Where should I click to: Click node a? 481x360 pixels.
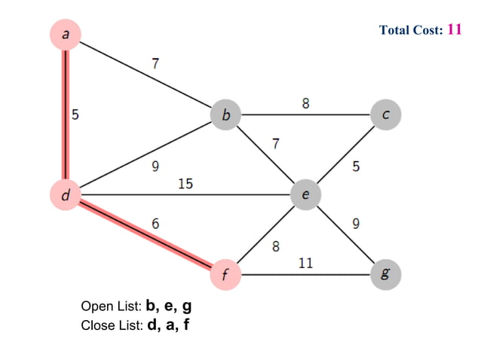pyautogui.click(x=66, y=33)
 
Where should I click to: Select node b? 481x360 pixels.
pyautogui.click(x=225, y=115)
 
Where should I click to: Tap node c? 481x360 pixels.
pyautogui.click(x=386, y=115)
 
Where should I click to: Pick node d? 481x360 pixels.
pyautogui.click(x=66, y=195)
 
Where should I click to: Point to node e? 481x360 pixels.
pyautogui.click(x=305, y=195)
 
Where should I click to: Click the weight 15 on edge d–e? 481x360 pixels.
pyautogui.click(x=185, y=183)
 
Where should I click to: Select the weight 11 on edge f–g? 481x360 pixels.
pyautogui.click(x=306, y=263)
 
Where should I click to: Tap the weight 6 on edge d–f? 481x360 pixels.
pyautogui.click(x=155, y=224)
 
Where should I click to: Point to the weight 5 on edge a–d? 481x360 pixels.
pyautogui.click(x=75, y=115)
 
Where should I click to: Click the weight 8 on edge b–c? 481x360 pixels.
pyautogui.click(x=305, y=103)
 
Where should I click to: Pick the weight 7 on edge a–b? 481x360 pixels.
pyautogui.click(x=155, y=63)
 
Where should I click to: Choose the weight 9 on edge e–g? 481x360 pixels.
pyautogui.click(x=356, y=223)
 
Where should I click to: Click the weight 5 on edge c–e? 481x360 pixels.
pyautogui.click(x=356, y=166)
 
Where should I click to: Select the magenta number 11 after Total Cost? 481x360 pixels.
pyautogui.click(x=454, y=29)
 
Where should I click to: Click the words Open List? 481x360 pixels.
pyautogui.click(x=110, y=307)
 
